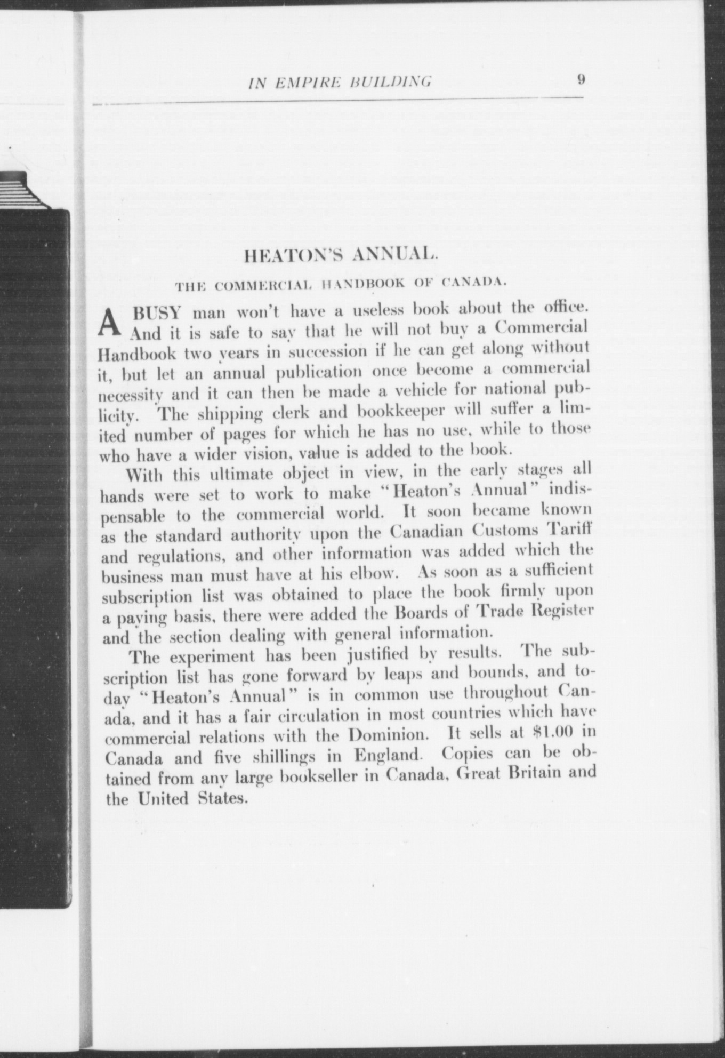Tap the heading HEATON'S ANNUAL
[341, 257]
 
